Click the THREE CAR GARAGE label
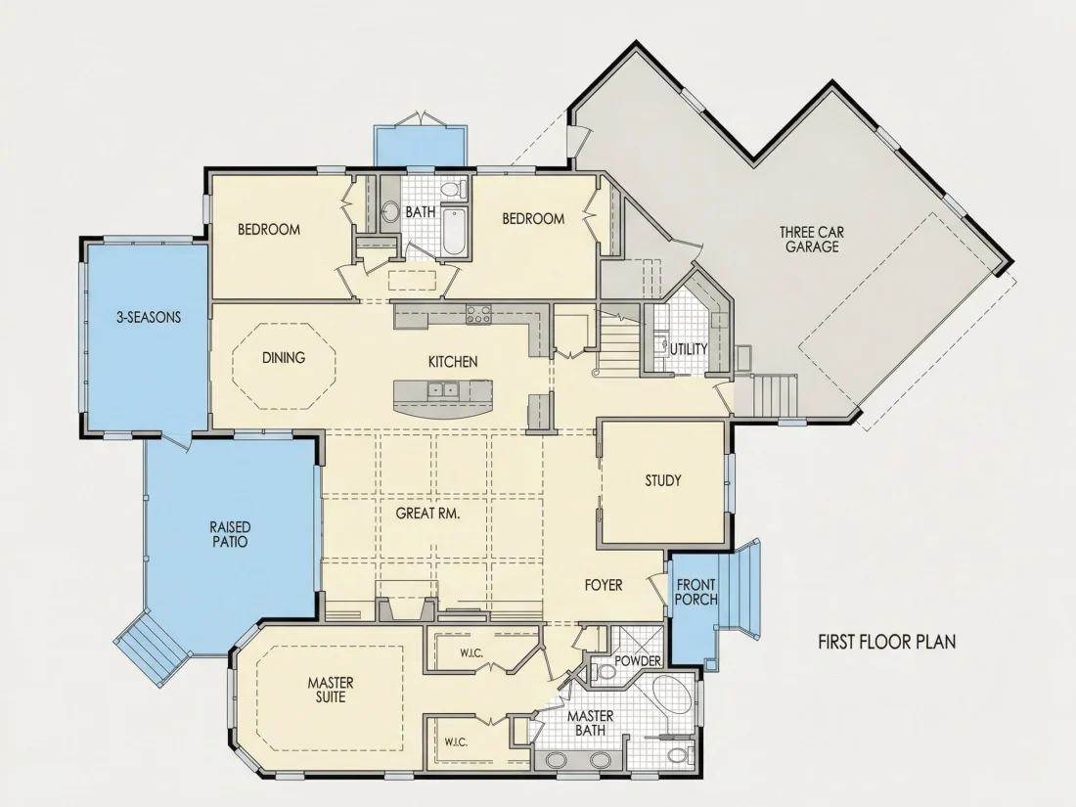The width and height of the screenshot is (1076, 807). click(x=812, y=240)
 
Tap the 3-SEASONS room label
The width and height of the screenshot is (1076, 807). click(x=149, y=317)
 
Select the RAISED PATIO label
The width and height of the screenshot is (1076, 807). click(x=230, y=534)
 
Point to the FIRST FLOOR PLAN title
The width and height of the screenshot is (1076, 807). click(x=886, y=642)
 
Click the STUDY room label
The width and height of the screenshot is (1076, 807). click(x=663, y=480)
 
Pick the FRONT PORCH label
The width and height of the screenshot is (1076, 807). click(x=695, y=592)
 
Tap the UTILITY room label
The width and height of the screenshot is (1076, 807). click(x=689, y=348)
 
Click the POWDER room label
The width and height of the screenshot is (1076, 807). click(x=638, y=661)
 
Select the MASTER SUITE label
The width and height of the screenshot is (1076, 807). click(x=330, y=690)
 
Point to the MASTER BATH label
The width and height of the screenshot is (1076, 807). click(x=590, y=723)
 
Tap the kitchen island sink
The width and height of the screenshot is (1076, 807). click(x=442, y=390)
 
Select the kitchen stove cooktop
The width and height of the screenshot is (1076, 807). click(x=478, y=314)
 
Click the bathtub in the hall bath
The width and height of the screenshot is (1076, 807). click(x=454, y=231)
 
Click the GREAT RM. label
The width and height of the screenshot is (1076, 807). click(x=427, y=513)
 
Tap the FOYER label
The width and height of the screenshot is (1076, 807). click(x=604, y=585)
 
